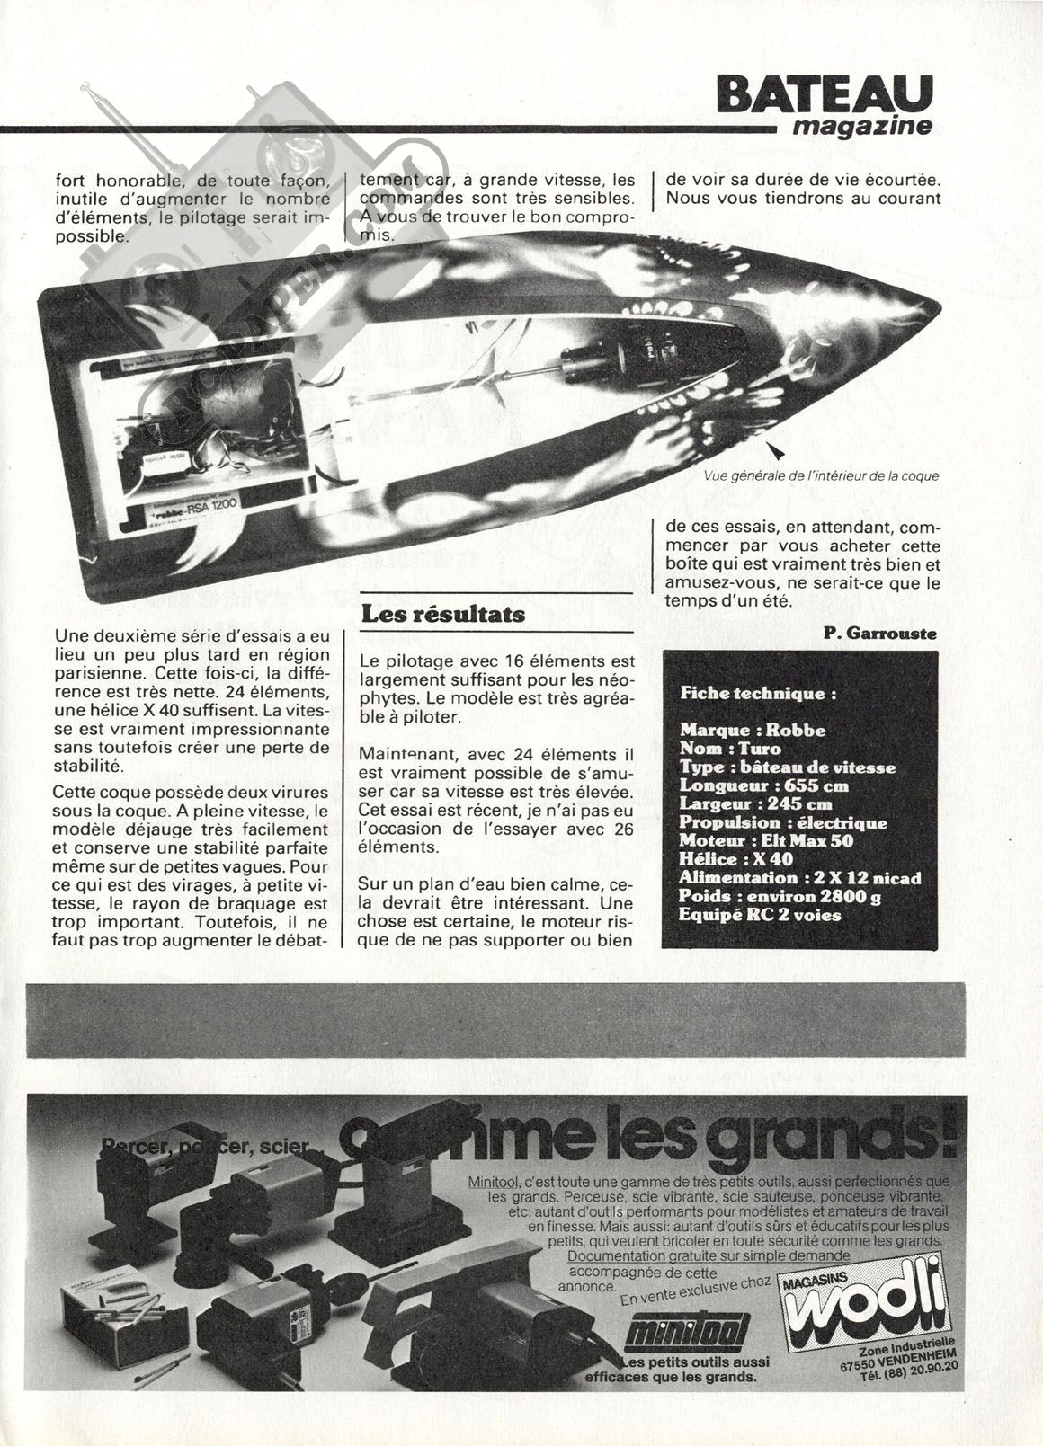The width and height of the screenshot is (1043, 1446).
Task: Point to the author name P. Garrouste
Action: [878, 634]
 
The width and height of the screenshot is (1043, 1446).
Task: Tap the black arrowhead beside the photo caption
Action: [774, 448]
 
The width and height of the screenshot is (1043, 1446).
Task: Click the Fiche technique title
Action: [758, 693]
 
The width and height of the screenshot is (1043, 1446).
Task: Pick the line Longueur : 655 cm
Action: [764, 785]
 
